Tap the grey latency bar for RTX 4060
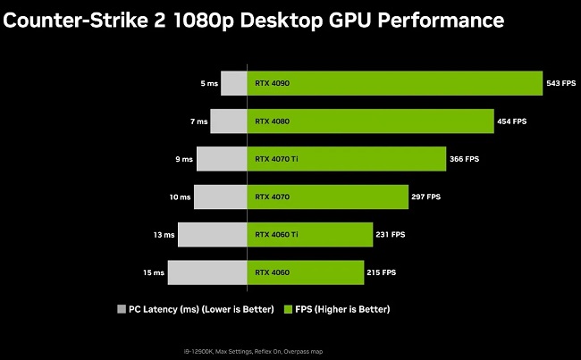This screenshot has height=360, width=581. click(x=206, y=272)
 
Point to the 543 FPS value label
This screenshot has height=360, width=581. click(x=560, y=83)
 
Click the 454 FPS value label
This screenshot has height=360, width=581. click(x=512, y=121)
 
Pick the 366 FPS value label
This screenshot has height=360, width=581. click(x=464, y=159)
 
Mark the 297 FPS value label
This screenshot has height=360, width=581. click(x=425, y=197)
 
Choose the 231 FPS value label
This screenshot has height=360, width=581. click(x=391, y=234)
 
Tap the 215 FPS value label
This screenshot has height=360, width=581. click(x=382, y=272)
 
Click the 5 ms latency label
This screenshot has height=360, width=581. click(x=208, y=83)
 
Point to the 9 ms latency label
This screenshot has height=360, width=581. click(x=184, y=159)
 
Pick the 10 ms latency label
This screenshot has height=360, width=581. click(x=180, y=197)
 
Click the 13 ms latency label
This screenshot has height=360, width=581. click(x=164, y=235)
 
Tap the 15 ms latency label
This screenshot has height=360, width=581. click(x=153, y=272)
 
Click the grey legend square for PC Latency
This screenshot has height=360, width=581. click(x=122, y=309)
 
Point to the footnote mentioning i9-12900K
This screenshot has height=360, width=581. click(x=291, y=349)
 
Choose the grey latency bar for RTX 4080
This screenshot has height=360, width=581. click(x=228, y=121)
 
